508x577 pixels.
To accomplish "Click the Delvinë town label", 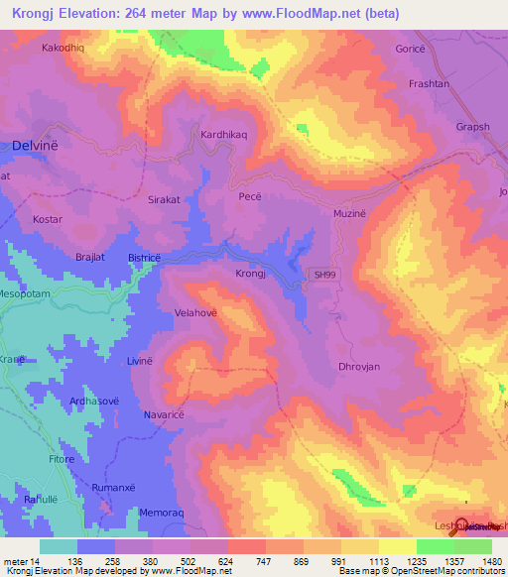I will pyautogui.click(x=36, y=145).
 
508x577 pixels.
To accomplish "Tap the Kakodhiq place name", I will pyautogui.click(x=64, y=47).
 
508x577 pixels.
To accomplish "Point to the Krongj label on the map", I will pyautogui.click(x=251, y=274).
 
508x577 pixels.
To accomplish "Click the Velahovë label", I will pyautogui.click(x=195, y=310).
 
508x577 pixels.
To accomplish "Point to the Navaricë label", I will pyautogui.click(x=165, y=414).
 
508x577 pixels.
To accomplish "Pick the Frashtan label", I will pyautogui.click(x=430, y=84).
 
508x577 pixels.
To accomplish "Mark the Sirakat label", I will pyautogui.click(x=164, y=199).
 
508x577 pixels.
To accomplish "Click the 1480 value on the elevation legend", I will pyautogui.click(x=492, y=560).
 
